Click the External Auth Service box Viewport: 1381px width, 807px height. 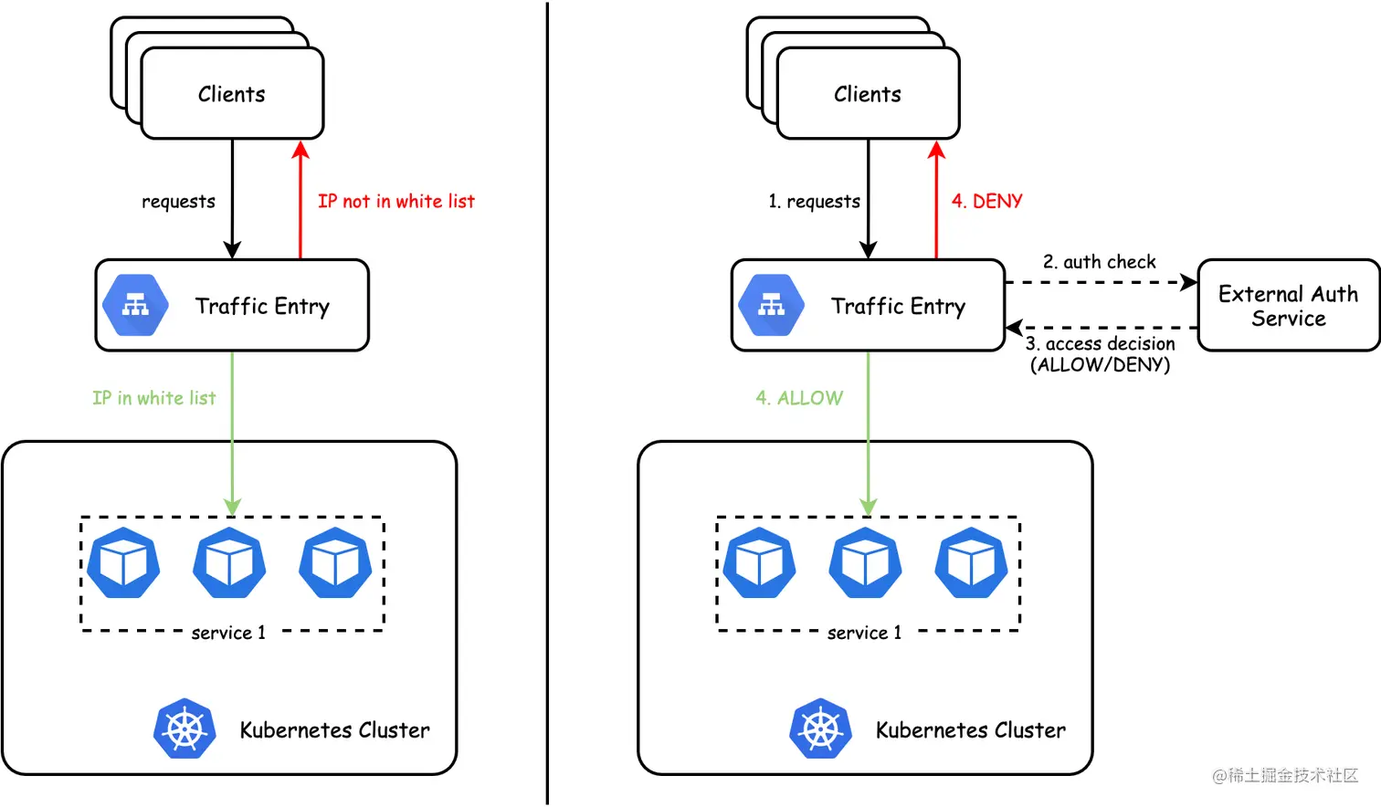(1288, 306)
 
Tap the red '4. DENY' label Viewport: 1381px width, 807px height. (986, 201)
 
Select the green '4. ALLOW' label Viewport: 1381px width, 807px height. (799, 398)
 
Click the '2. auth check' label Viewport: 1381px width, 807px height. (1100, 262)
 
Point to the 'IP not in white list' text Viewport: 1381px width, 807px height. (395, 201)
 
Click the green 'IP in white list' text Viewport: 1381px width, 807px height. (153, 398)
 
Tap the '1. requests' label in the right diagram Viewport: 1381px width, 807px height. (814, 201)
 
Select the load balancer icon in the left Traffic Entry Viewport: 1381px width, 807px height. (135, 305)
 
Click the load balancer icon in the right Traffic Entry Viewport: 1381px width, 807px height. (771, 305)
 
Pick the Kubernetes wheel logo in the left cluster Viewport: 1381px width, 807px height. (184, 728)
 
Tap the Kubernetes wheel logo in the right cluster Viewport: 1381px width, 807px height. (820, 728)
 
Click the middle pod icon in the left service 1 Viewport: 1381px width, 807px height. (229, 563)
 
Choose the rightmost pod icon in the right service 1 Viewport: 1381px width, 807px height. (971, 563)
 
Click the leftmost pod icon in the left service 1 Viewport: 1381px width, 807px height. (123, 563)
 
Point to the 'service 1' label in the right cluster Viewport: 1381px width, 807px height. (864, 633)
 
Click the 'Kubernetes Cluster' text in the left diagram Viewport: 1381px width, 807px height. (334, 730)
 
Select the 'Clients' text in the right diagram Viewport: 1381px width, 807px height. (867, 94)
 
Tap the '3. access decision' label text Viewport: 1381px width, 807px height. (1100, 344)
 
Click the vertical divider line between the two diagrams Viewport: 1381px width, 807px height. (547, 402)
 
